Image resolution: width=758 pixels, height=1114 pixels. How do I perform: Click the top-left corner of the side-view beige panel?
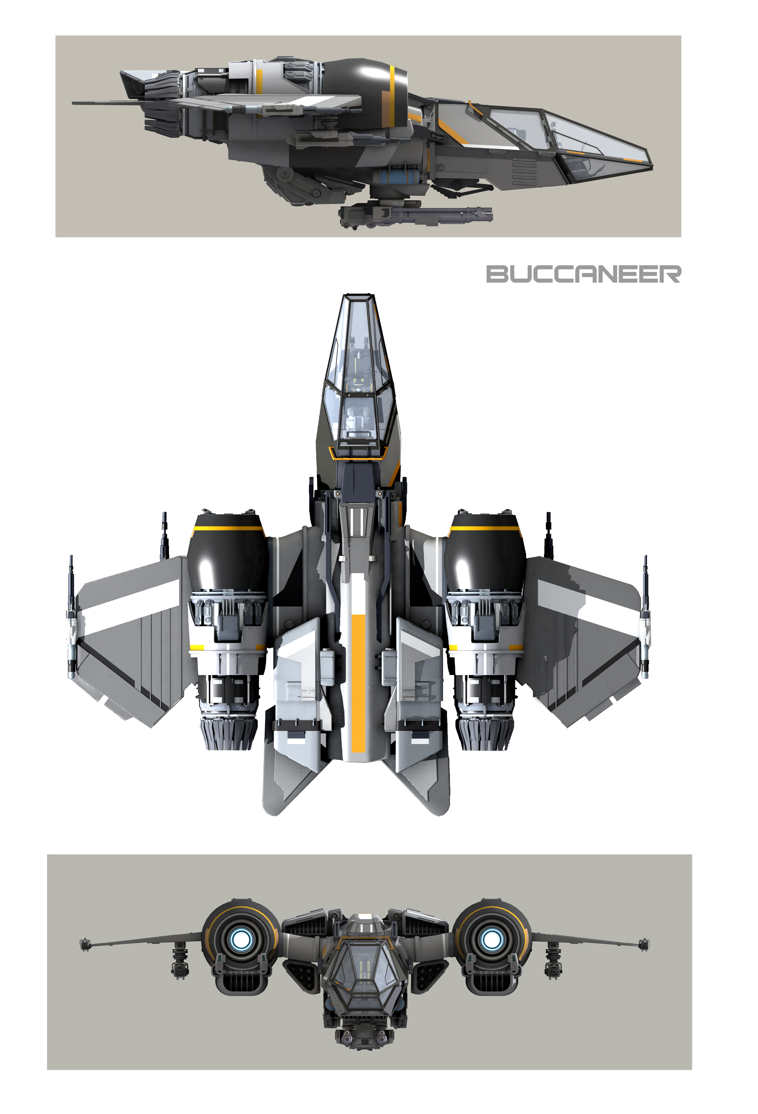tap(55, 35)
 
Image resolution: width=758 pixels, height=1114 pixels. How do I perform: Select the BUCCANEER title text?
tap(583, 274)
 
